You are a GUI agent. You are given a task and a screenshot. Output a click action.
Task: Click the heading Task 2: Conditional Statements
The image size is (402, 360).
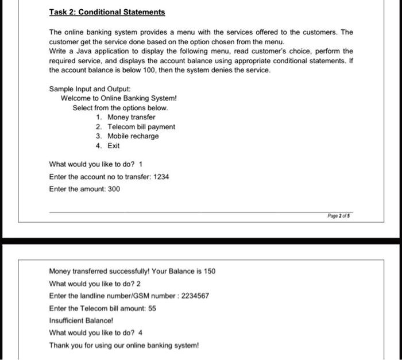coord(107,12)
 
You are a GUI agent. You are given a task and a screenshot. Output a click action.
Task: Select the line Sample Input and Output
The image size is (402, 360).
coord(90,89)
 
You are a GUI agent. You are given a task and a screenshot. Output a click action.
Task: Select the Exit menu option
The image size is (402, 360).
coord(114,145)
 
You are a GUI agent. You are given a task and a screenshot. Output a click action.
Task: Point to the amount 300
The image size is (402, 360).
coord(114,189)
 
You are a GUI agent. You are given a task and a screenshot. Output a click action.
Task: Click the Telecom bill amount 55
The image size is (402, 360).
coord(152,308)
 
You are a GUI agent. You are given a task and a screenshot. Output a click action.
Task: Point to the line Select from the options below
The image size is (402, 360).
coord(121,108)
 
